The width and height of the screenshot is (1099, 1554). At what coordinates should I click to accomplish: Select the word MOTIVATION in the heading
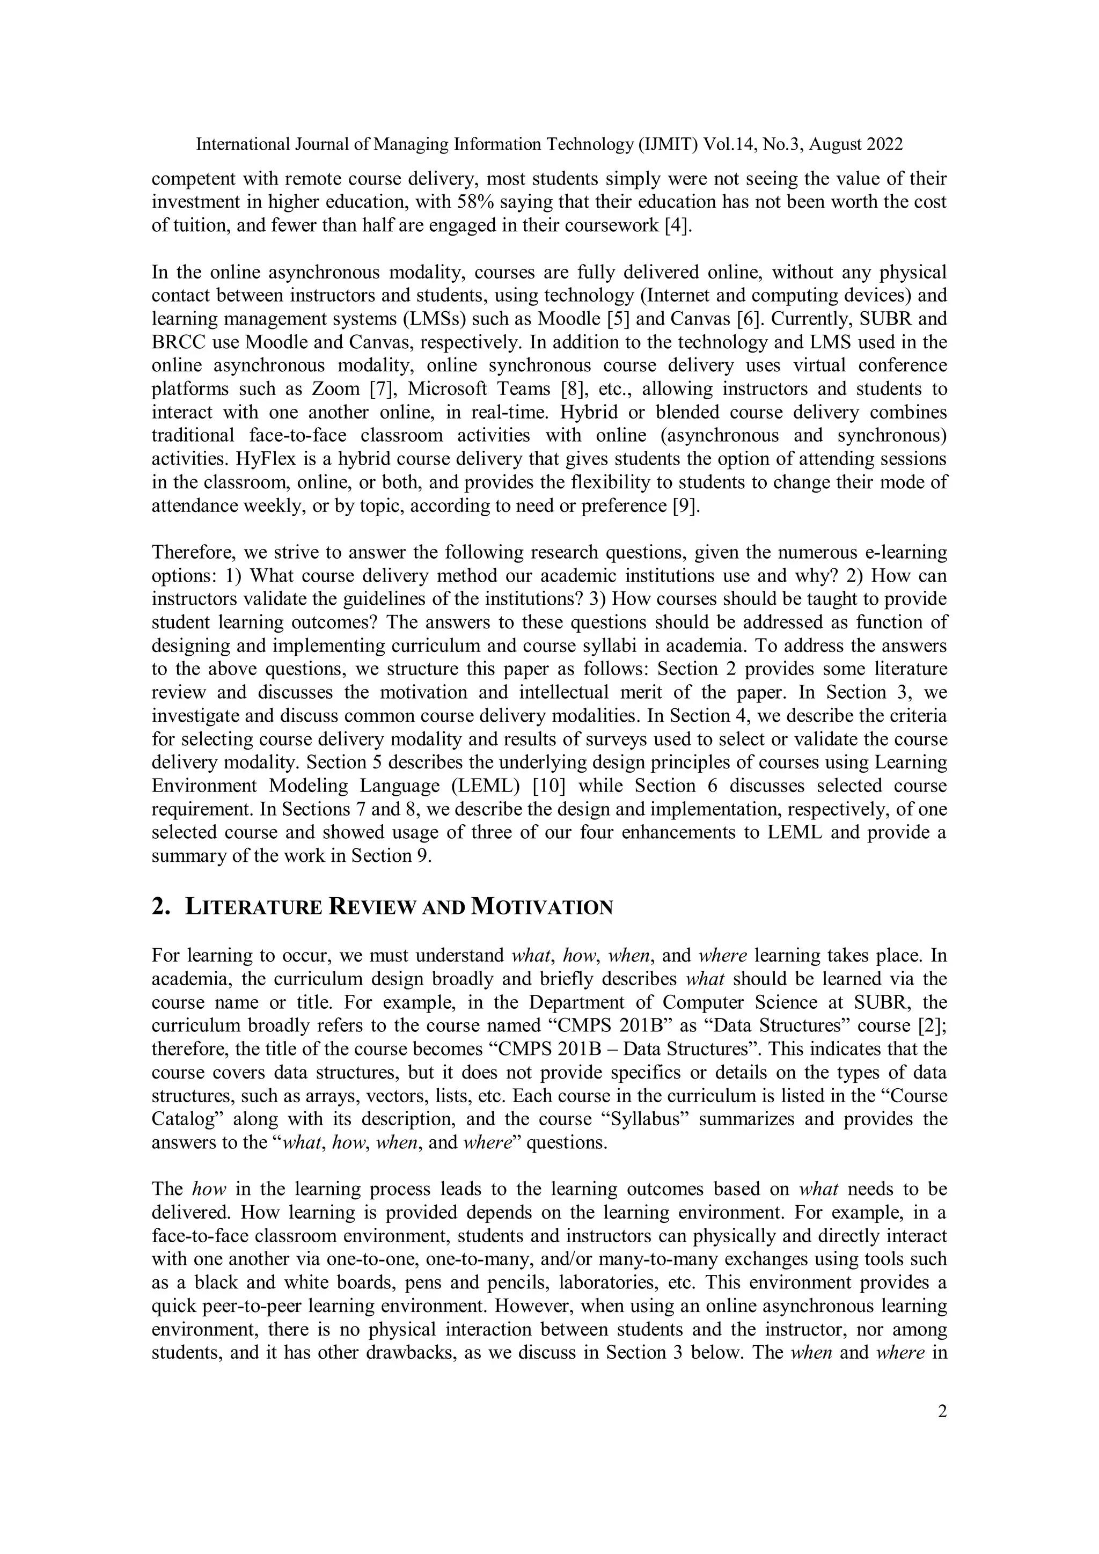pos(541,907)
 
